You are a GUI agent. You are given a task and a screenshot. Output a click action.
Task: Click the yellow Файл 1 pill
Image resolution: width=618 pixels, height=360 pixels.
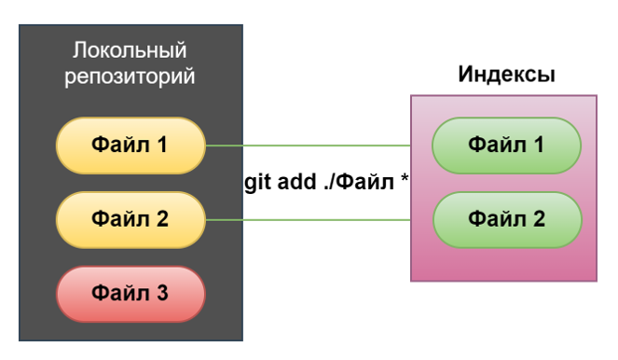point(130,145)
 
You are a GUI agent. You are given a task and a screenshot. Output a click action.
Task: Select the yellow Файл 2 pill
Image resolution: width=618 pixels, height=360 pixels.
point(130,220)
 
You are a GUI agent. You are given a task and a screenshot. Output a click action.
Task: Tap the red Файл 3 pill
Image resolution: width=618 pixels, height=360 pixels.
point(130,294)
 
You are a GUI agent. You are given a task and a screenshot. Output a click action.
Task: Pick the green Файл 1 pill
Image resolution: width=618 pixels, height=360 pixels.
point(507,145)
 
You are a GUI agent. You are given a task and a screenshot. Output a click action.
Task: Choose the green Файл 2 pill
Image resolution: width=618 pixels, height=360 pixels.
point(507,220)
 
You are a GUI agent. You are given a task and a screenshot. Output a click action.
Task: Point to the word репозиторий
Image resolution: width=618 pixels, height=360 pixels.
point(130,76)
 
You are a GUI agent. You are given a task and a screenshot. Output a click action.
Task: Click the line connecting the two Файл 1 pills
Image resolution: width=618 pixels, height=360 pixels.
point(308,146)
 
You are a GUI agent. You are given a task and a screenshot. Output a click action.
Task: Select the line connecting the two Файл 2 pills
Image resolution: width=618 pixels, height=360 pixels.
point(308,220)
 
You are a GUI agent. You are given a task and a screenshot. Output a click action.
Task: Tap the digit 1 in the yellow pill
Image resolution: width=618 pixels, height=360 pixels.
point(162,145)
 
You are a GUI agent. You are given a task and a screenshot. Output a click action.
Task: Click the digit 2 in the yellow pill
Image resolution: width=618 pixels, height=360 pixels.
point(162,220)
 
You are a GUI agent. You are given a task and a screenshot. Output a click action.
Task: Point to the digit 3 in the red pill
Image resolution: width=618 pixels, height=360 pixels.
point(162,294)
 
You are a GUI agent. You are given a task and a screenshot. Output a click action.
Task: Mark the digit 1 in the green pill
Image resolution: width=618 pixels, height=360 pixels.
point(539,145)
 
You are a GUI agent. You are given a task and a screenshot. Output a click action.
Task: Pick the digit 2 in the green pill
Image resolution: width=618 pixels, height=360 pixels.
point(539,220)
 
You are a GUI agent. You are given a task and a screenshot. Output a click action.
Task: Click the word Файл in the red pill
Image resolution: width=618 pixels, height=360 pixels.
point(119,294)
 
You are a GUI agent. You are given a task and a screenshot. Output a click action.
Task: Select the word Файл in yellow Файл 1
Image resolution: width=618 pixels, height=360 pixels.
point(119,145)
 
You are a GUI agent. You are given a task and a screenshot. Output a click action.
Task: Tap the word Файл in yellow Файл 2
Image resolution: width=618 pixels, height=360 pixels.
point(119,220)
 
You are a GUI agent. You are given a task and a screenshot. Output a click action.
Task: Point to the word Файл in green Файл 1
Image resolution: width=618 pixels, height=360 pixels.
point(496,145)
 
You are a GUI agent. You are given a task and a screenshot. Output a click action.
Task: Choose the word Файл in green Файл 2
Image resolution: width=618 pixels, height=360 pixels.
point(496,220)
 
